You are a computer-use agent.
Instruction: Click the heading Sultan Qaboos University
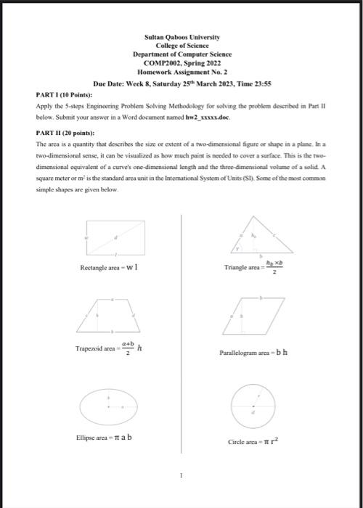pos(182,36)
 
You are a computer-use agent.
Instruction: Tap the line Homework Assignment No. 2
pos(181,72)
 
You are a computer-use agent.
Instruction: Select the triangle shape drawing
pos(255,237)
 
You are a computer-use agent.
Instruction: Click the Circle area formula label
pos(253,441)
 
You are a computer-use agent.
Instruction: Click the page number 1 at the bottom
pos(181,477)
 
